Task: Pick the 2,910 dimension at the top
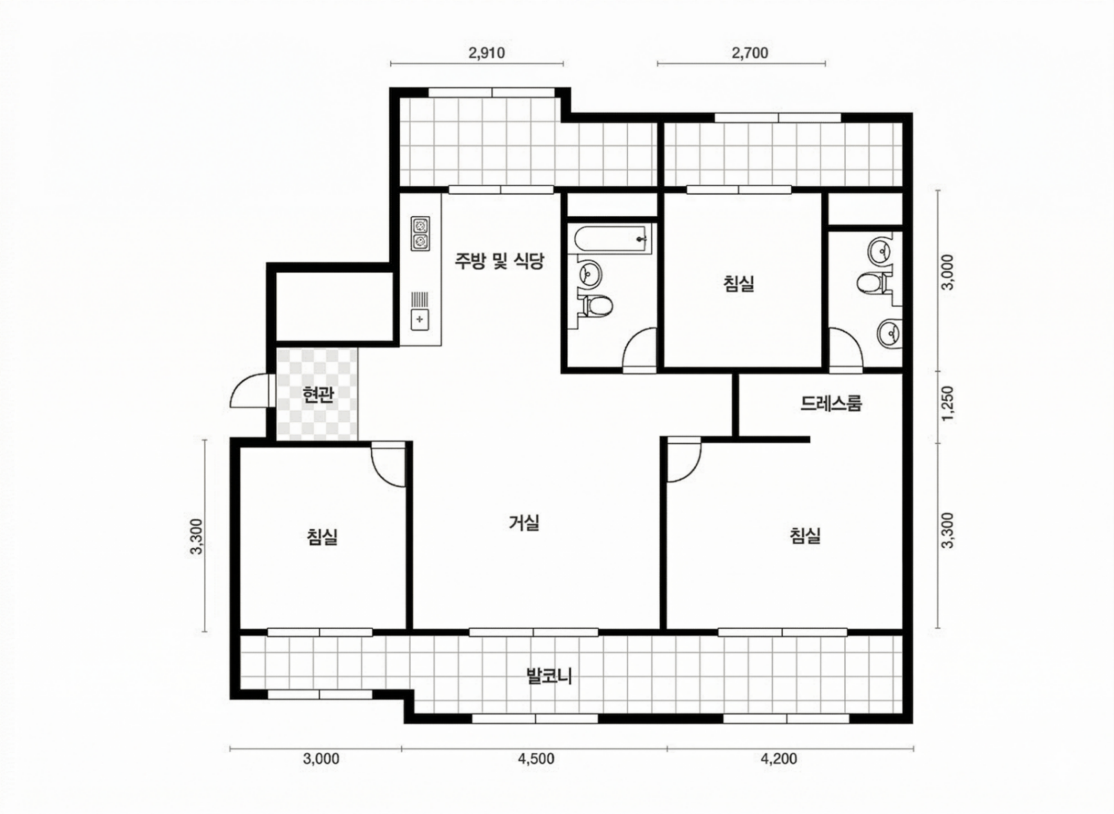(x=487, y=53)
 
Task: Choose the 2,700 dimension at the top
(x=750, y=53)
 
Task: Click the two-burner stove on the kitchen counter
(x=420, y=234)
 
